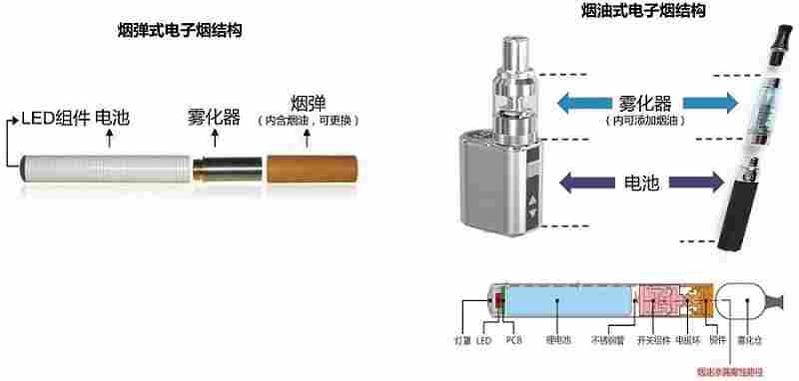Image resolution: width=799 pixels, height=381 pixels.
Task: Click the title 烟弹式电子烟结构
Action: tap(180, 31)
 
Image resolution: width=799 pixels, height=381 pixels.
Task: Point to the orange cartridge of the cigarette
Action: tap(309, 168)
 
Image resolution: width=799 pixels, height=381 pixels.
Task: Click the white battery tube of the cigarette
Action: tap(105, 168)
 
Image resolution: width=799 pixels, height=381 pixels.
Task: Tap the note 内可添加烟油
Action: tap(643, 120)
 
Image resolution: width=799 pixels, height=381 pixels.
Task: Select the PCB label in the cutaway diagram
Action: tap(514, 341)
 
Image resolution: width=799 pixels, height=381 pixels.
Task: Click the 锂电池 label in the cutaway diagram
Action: tap(557, 341)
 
